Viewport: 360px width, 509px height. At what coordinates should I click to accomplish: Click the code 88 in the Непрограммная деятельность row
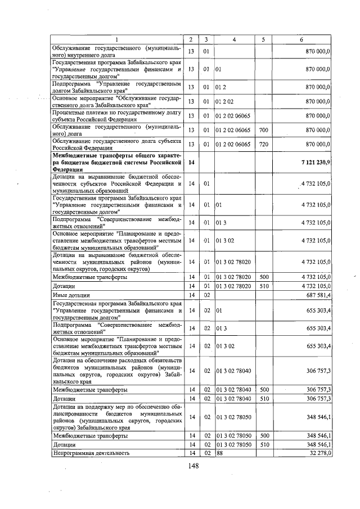[219, 453]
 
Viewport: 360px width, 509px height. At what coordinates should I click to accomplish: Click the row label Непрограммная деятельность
[91, 453]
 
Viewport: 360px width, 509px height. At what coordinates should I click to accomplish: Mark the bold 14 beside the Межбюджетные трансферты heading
[191, 162]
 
